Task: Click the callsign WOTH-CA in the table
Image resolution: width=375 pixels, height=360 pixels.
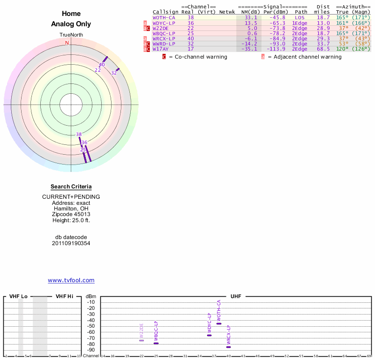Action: [164, 17]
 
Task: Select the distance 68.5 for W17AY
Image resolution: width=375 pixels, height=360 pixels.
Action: [323, 49]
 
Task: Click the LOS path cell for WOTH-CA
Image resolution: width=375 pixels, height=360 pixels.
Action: [300, 17]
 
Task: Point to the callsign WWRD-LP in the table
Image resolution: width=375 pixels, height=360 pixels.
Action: [164, 44]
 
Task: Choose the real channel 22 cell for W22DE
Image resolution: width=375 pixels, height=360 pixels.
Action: [190, 28]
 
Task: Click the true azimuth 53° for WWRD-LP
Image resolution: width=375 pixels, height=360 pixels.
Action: [342, 44]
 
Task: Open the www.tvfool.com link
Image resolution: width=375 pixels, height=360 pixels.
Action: [71, 280]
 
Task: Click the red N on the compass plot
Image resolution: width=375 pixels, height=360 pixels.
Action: [67, 43]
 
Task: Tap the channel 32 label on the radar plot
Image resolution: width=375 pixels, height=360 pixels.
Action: [114, 73]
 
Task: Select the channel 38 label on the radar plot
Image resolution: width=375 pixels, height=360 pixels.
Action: [79, 135]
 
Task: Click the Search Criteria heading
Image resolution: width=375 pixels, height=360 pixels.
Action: [71, 187]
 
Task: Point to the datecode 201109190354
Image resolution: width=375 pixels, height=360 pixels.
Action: [71, 243]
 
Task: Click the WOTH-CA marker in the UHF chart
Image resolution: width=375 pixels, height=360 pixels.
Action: [219, 323]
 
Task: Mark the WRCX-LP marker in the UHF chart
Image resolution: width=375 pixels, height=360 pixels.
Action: [228, 347]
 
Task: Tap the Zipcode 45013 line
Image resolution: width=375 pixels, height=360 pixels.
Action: [71, 214]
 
